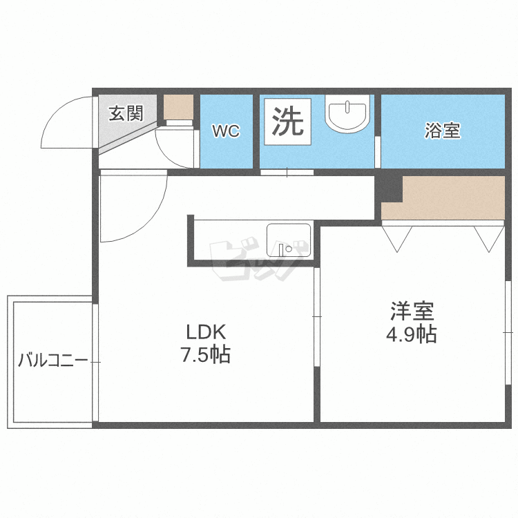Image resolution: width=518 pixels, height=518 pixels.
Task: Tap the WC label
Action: click(x=226, y=131)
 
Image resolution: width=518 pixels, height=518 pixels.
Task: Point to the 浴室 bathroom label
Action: click(x=442, y=131)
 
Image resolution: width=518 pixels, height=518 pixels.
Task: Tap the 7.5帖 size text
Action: click(x=205, y=356)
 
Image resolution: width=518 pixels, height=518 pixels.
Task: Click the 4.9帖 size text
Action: click(x=411, y=335)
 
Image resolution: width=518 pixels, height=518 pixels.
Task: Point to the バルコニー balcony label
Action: click(x=52, y=361)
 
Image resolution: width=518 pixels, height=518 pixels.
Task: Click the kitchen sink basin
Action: click(x=288, y=241)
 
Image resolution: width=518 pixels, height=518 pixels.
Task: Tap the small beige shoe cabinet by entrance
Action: click(x=178, y=107)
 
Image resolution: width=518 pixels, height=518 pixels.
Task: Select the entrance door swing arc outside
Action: click(x=66, y=124)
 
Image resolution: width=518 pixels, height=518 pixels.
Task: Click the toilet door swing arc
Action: click(x=176, y=147)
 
